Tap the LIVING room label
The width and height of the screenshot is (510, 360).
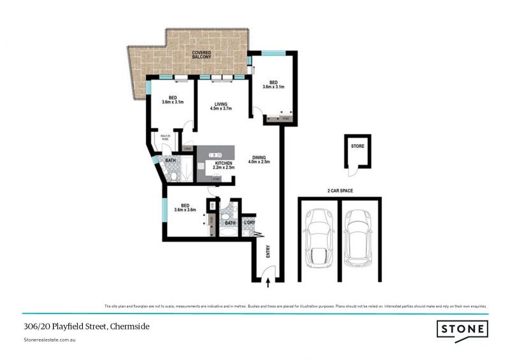pyautogui.click(x=221, y=103)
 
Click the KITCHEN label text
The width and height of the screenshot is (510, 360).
pyautogui.click(x=223, y=163)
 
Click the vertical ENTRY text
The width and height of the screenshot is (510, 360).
pyautogui.click(x=268, y=252)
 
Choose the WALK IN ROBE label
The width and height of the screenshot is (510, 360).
pyautogui.click(x=164, y=137)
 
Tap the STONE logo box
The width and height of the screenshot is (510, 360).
pyautogui.click(x=462, y=329)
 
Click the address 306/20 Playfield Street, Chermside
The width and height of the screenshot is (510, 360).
pyautogui.click(x=78, y=326)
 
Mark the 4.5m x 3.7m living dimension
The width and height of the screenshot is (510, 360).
pyautogui.click(x=221, y=108)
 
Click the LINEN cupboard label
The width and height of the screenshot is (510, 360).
pyautogui.click(x=187, y=149)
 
